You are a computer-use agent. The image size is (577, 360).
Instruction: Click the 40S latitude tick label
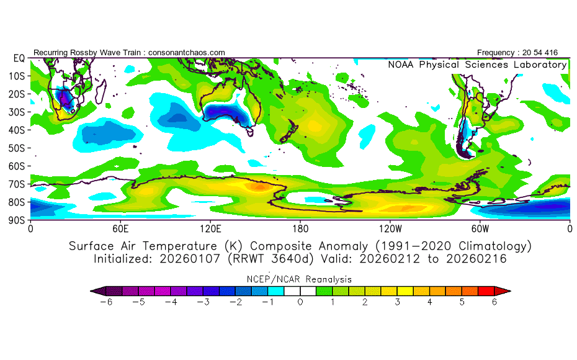pyautogui.click(x=17, y=130)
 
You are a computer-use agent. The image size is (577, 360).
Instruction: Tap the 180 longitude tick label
pyautogui.click(x=300, y=228)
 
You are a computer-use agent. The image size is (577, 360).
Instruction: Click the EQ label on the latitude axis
pyautogui.click(x=19, y=58)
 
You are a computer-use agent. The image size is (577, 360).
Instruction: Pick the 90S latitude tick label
pyautogui.click(x=17, y=220)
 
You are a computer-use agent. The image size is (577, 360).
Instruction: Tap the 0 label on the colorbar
pyautogui.click(x=300, y=302)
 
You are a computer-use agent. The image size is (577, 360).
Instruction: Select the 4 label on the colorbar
pyautogui.click(x=429, y=302)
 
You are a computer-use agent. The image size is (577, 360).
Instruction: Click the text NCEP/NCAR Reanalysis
pyautogui.click(x=300, y=279)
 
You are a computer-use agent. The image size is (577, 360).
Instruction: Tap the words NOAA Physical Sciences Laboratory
pyautogui.click(x=477, y=65)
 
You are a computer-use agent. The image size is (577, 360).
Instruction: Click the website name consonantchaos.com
pyautogui.click(x=186, y=53)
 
